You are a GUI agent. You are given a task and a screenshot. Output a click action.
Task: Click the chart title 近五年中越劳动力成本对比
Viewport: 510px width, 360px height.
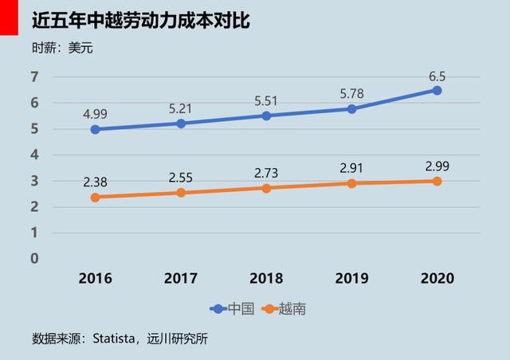pos(141,20)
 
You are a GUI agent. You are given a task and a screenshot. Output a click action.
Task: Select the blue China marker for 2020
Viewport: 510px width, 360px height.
pos(437,90)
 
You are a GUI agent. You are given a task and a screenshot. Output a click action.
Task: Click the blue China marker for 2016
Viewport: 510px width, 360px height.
pos(96,129)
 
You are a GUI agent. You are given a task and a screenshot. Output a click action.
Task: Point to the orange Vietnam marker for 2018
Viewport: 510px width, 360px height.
pos(266,188)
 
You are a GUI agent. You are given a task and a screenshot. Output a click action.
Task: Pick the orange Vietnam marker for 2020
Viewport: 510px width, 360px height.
pos(437,181)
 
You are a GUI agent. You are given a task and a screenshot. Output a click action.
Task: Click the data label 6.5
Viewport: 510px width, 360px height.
pos(437,76)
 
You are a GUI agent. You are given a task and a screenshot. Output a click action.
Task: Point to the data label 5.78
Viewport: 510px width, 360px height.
pos(351,92)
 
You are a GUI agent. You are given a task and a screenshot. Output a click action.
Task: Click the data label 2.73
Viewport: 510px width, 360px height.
pos(266,171)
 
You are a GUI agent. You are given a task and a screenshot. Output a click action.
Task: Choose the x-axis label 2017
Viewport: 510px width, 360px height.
pos(181,279)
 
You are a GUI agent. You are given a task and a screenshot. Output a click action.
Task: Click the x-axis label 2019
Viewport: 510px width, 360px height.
pos(351,279)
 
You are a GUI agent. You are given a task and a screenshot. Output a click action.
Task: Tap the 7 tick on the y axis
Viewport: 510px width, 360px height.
pos(34,77)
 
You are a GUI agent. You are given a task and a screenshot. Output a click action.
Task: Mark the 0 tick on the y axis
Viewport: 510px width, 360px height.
pos(34,259)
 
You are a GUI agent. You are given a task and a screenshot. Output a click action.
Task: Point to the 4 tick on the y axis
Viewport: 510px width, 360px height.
pos(34,155)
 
